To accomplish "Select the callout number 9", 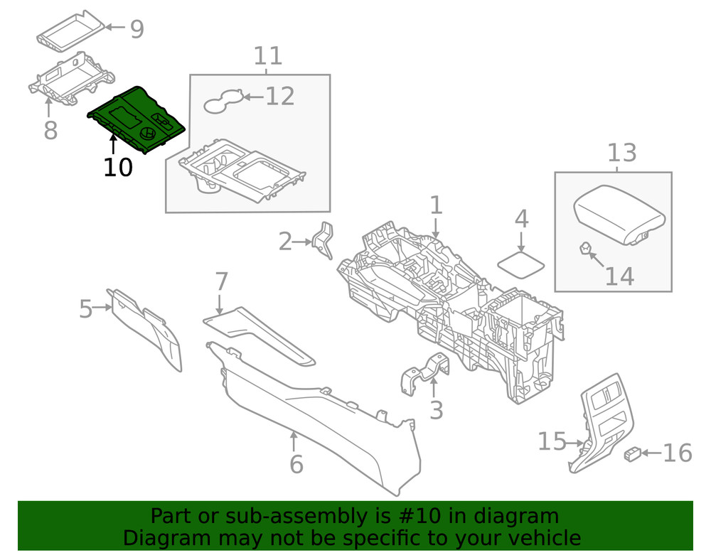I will pyautogui.click(x=137, y=29).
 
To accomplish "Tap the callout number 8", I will pyautogui.click(x=50, y=131).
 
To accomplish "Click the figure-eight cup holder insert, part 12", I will pyautogui.click(x=223, y=103).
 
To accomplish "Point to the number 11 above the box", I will pyautogui.click(x=268, y=55).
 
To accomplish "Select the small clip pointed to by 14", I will pyautogui.click(x=584, y=249).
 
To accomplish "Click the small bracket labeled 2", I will pyautogui.click(x=324, y=240).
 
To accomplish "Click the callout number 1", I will pyautogui.click(x=436, y=206).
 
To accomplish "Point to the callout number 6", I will pyautogui.click(x=296, y=464).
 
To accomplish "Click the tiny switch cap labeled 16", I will pyautogui.click(x=632, y=454).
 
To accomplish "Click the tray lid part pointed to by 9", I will pyautogui.click(x=71, y=30).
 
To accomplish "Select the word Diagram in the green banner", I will pyautogui.click(x=162, y=538).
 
